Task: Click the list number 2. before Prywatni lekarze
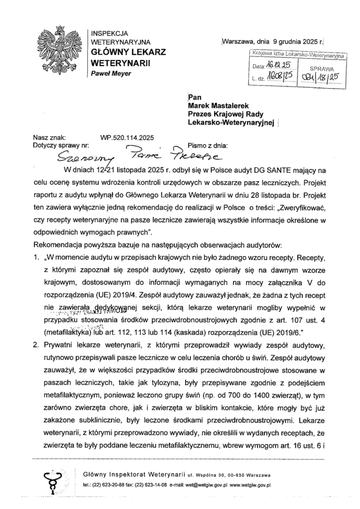(36, 344)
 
